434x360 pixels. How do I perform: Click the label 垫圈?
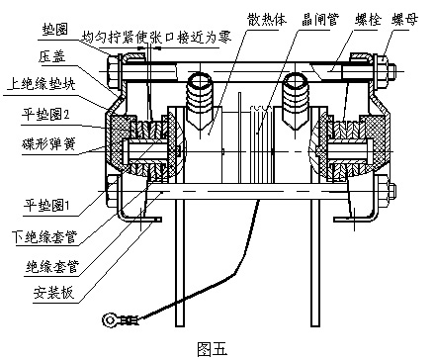click(55, 30)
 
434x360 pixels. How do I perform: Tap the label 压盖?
click(51, 56)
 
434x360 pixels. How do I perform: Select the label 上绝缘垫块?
click(42, 84)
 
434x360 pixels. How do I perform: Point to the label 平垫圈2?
click(45, 115)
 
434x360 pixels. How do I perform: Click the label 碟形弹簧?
click(48, 144)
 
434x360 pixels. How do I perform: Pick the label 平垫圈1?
click(46, 205)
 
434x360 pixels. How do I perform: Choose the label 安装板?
click(53, 293)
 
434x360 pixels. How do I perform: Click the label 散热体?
click(267, 20)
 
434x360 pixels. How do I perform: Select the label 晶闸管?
click(320, 20)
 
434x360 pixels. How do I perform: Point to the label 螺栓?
click(368, 20)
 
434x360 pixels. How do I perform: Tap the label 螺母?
click(404, 20)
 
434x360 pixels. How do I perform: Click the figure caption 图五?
click(213, 349)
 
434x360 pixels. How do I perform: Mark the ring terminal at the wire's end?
click(110, 319)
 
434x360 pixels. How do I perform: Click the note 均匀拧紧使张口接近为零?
click(156, 38)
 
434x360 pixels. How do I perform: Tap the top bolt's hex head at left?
click(113, 71)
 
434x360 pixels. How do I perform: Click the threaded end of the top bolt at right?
click(391, 71)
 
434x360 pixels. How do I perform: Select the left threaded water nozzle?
click(200, 101)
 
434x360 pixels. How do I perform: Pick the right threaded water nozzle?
click(297, 101)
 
